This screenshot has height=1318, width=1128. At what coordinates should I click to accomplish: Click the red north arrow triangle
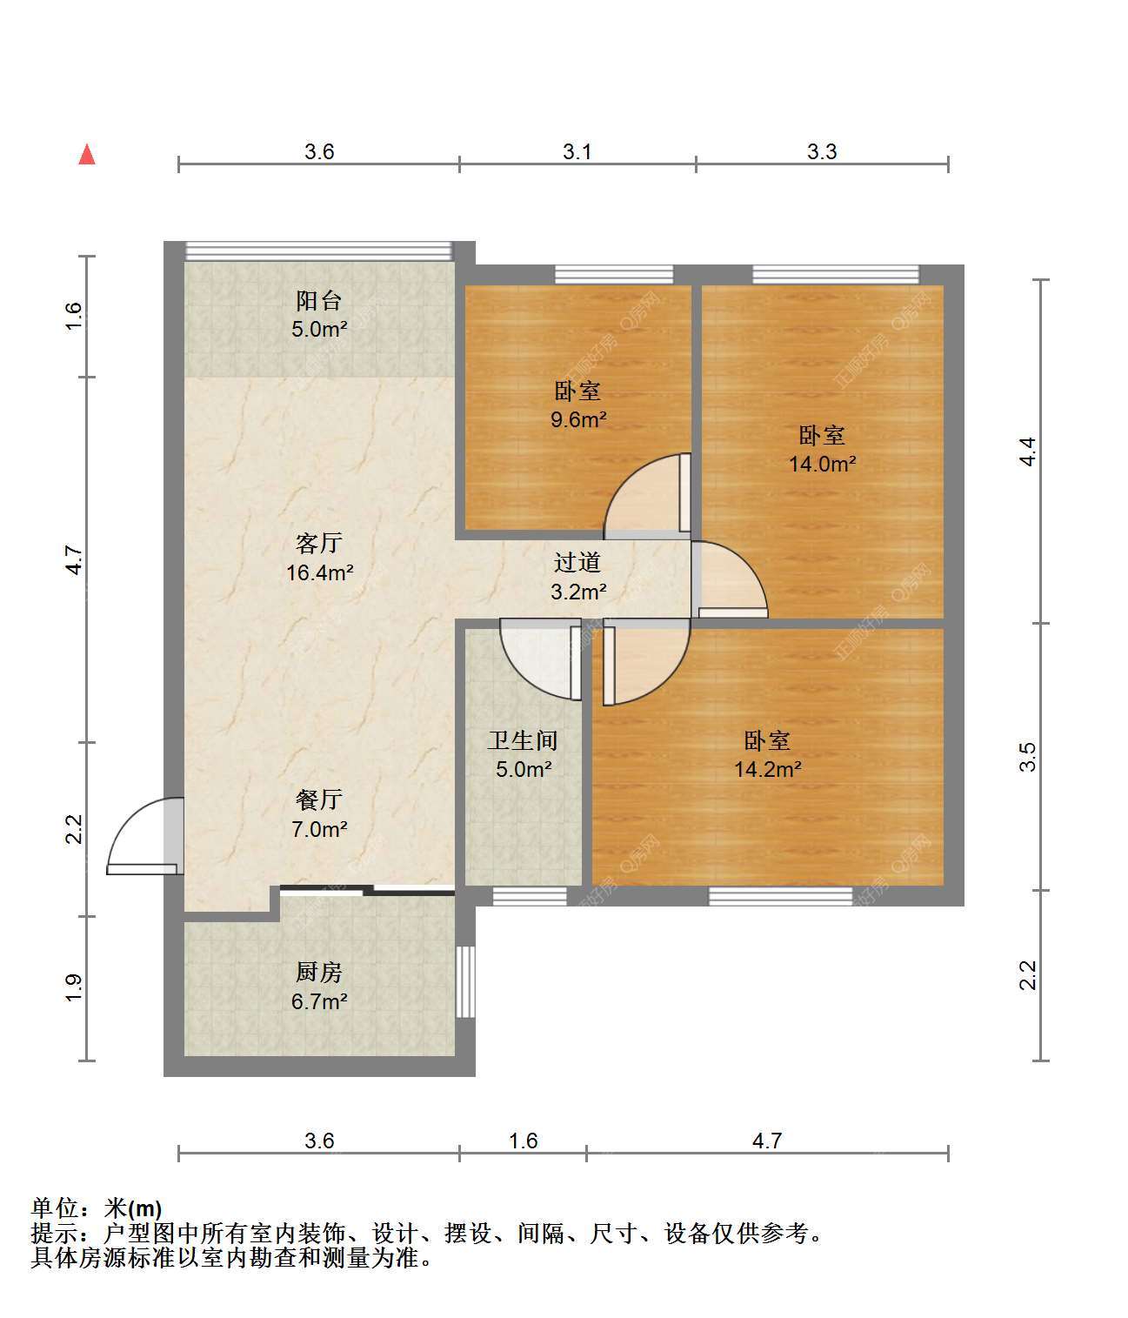87,155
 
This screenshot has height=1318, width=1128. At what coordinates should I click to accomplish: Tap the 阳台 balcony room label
318,301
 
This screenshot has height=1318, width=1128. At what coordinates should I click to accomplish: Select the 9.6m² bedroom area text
578,419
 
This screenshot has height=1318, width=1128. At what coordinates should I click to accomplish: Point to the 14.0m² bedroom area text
822,464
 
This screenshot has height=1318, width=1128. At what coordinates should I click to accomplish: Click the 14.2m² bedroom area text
767,769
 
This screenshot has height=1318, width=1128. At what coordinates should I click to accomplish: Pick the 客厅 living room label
319,543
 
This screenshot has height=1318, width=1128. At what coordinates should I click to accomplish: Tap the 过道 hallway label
577,562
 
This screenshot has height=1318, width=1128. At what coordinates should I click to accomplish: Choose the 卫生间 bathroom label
523,740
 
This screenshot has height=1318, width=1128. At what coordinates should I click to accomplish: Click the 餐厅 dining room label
319,799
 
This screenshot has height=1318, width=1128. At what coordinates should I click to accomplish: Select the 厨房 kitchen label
319,973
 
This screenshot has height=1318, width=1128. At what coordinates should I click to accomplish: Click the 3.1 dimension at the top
577,151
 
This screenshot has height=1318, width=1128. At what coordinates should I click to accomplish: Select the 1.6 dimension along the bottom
524,1141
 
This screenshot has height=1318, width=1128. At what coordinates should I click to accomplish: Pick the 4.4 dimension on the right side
1027,452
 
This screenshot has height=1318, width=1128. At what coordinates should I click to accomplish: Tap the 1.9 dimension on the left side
74,987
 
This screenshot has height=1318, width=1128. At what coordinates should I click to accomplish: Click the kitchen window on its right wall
466,981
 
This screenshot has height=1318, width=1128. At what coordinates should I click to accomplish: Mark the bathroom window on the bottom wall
530,896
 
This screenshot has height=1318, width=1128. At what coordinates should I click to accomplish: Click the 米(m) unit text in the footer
133,1208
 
